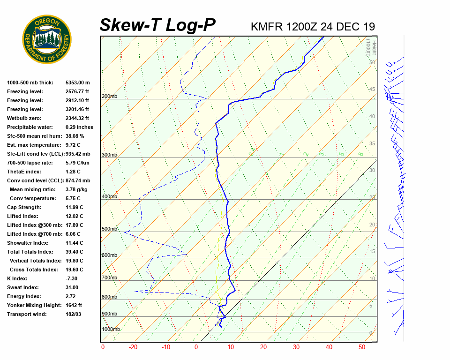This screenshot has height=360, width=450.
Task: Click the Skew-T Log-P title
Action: click(x=157, y=25)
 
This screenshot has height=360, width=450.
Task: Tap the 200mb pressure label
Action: click(x=109, y=97)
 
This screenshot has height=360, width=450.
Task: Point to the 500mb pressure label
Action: click(x=109, y=229)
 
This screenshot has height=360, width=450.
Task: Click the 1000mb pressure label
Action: click(x=111, y=330)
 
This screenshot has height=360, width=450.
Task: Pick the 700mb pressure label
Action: click(x=109, y=278)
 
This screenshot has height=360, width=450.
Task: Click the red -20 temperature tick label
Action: click(x=134, y=347)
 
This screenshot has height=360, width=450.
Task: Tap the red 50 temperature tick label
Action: click(x=362, y=347)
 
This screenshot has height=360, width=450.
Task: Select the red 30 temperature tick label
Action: click(x=296, y=347)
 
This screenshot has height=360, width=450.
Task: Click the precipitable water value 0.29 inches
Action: click(x=79, y=127)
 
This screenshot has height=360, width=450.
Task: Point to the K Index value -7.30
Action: click(x=73, y=278)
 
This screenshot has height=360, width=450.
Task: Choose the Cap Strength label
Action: click(x=24, y=207)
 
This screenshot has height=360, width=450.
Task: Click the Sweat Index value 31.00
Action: click(x=72, y=287)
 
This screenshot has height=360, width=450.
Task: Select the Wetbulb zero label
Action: click(x=25, y=118)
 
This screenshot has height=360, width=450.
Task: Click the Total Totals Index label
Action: click(x=30, y=252)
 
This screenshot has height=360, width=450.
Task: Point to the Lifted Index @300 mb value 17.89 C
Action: click(x=75, y=225)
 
